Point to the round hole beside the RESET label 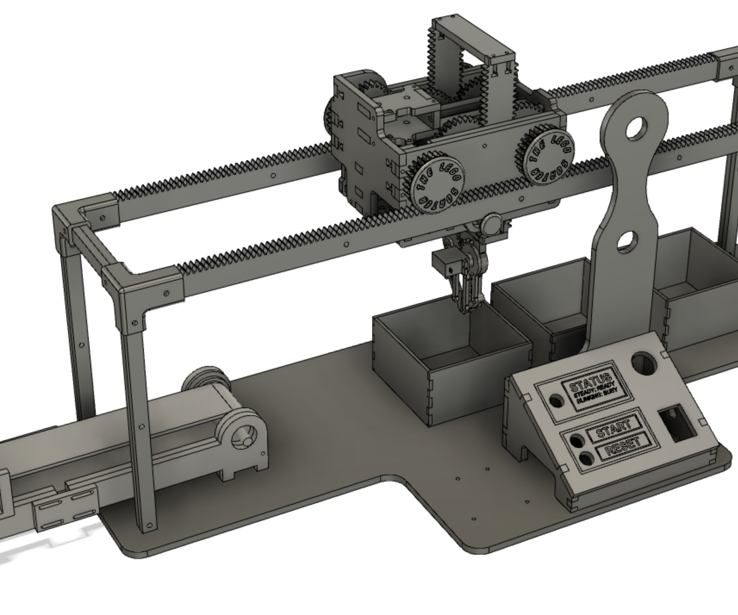coord(587,458)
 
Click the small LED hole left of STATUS coord(556,401)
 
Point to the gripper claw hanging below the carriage coord(467,284)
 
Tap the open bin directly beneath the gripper coord(448,357)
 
